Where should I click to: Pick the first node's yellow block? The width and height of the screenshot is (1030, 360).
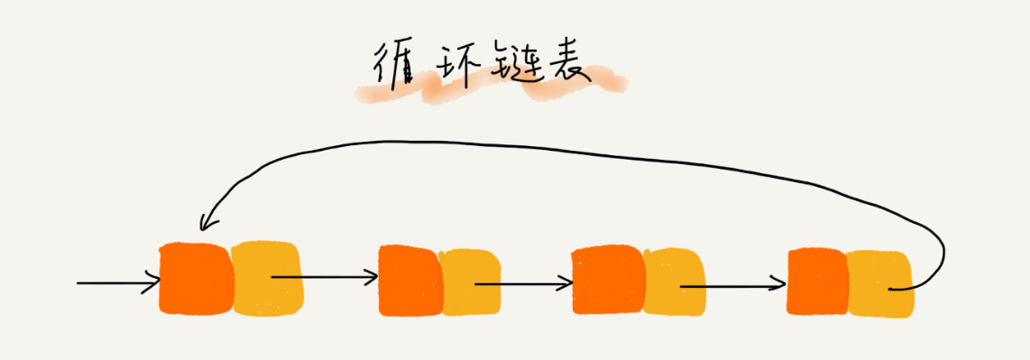coord(268,278)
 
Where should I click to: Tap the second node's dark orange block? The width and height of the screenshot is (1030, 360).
coord(409,281)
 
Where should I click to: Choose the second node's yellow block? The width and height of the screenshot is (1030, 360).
coord(471,282)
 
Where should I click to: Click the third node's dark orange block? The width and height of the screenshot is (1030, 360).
coord(608,282)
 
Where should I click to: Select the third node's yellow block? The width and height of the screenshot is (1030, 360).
coord(672,282)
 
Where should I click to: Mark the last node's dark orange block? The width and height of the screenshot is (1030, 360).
coord(817,283)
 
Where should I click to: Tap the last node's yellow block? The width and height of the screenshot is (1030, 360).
coord(878,282)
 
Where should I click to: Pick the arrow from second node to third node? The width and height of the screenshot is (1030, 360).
coord(523,283)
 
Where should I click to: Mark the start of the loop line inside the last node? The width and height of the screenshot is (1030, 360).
coord(891,289)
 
